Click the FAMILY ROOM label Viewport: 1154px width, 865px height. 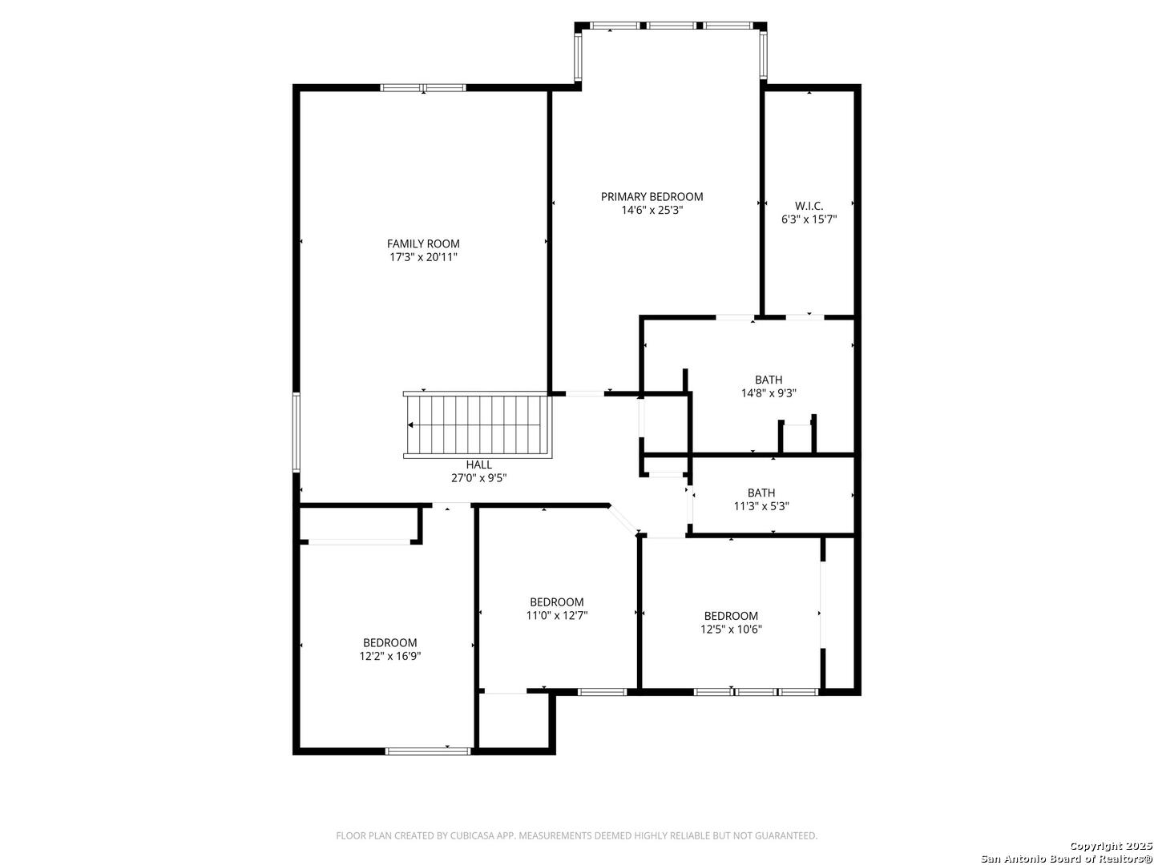click(423, 243)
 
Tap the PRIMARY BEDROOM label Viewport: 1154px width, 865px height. click(652, 196)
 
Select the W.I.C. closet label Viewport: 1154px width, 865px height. click(809, 206)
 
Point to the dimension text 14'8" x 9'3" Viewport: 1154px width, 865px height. click(769, 393)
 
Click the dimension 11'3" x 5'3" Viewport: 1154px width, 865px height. click(761, 506)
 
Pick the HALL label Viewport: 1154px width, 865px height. click(478, 465)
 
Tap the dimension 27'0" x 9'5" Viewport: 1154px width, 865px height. click(478, 478)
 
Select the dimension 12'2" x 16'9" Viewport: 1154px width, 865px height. click(390, 656)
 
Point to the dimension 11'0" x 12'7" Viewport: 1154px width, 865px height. click(556, 616)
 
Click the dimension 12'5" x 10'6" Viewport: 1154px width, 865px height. click(731, 630)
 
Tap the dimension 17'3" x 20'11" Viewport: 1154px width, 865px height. click(423, 257)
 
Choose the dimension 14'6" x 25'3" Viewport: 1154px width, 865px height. click(652, 210)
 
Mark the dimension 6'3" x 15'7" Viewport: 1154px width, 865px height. click(809, 219)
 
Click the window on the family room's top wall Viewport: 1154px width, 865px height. click(422, 87)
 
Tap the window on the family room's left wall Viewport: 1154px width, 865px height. click(296, 432)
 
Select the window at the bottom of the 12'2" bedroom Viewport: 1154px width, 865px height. click(428, 750)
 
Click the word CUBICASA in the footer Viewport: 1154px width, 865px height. click(462, 836)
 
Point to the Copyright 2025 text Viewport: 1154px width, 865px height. click(1110, 846)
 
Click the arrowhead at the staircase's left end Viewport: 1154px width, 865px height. click(411, 425)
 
